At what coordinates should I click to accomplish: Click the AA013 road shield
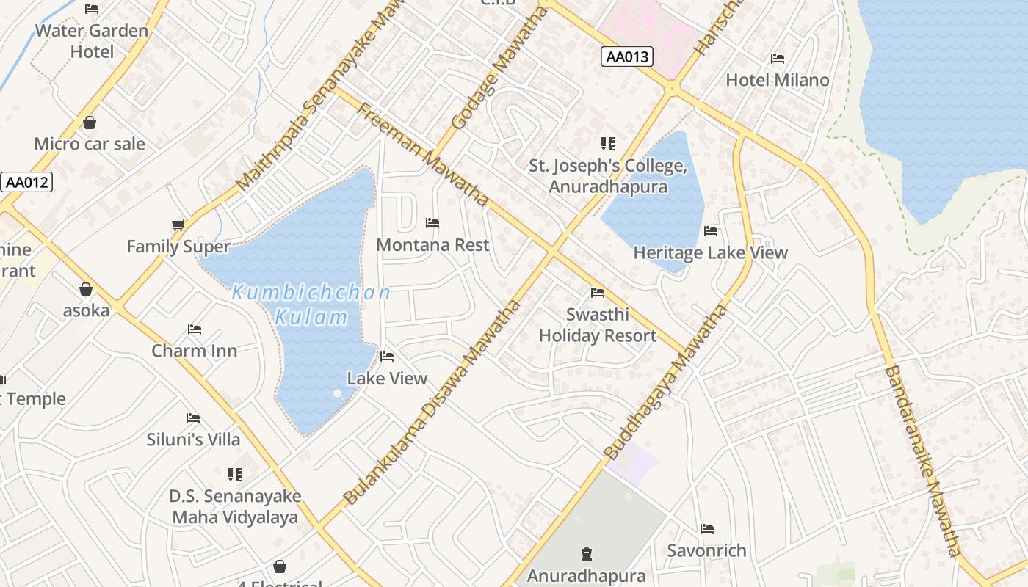[626, 56]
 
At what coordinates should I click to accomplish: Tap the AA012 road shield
[26, 182]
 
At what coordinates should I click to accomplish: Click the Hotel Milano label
[777, 80]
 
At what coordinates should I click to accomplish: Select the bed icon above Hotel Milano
[777, 59]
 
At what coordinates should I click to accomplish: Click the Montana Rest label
[432, 245]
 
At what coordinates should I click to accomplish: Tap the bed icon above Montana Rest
[432, 223]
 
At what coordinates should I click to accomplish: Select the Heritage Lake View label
[710, 253]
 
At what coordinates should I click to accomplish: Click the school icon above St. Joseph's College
[607, 144]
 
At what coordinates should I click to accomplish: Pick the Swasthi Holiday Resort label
[598, 325]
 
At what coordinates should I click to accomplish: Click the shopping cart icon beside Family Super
[178, 225]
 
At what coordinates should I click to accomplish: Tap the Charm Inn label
[195, 351]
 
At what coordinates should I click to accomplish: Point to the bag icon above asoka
[86, 289]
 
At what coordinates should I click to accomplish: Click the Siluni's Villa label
[193, 440]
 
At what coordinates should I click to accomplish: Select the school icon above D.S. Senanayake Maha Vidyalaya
[235, 475]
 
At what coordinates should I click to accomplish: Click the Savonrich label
[706, 550]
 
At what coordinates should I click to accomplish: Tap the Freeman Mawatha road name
[422, 155]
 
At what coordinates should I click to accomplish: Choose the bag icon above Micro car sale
[90, 123]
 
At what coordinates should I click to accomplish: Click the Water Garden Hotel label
[92, 41]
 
